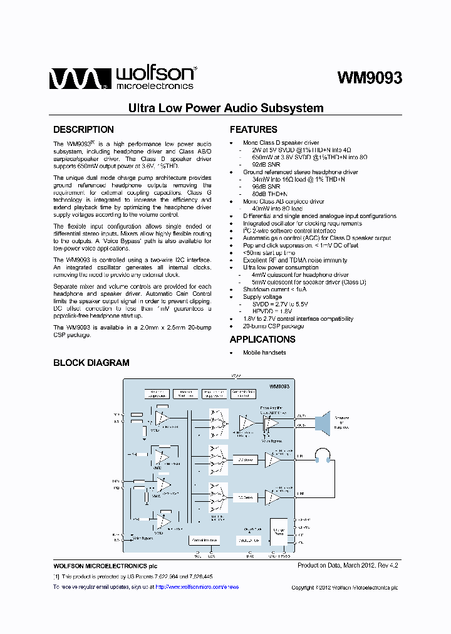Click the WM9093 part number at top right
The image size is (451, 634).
[369, 77]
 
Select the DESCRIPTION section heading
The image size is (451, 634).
[83, 130]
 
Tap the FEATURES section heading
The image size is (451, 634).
[253, 130]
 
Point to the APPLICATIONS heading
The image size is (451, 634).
[262, 339]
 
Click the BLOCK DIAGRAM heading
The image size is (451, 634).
[91, 362]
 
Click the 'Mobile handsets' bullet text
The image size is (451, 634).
[264, 353]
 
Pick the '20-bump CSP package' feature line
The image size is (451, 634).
[273, 326]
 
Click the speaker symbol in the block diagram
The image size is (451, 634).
[323, 420]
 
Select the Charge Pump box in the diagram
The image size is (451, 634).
[279, 532]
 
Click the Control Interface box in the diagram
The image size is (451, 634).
[204, 539]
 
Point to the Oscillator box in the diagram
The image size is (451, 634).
[248, 539]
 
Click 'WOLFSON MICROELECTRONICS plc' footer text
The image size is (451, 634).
[101, 566]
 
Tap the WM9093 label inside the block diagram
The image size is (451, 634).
[279, 387]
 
